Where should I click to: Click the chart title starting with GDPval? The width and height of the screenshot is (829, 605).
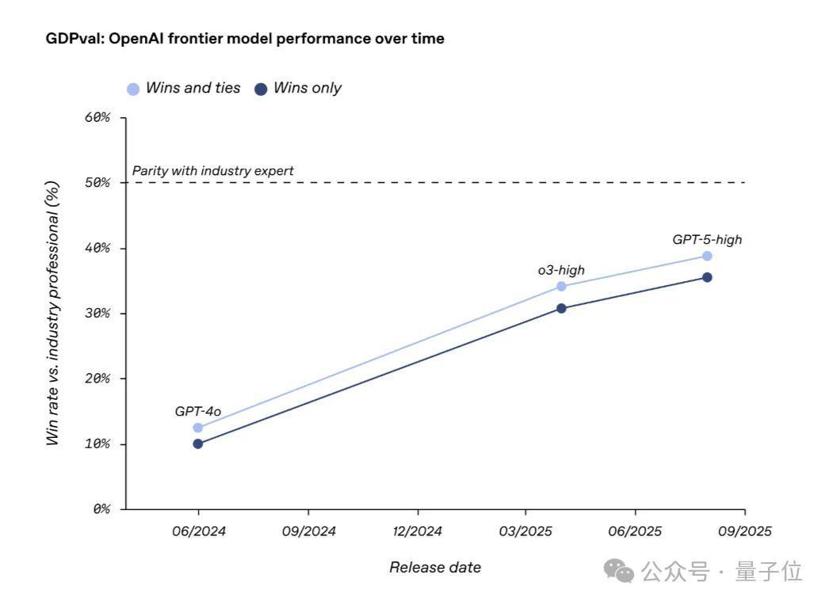245,39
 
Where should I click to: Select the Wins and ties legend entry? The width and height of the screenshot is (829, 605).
184,89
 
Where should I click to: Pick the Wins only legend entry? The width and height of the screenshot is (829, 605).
298,89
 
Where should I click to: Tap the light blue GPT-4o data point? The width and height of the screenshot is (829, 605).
198,428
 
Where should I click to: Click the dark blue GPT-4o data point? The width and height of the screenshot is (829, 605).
198,443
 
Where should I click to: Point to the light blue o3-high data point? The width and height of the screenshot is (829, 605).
561,287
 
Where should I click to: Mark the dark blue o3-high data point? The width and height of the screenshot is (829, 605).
561,308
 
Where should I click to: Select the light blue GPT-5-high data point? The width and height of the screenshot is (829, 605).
707,256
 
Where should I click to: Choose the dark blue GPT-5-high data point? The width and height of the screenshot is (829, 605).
707,277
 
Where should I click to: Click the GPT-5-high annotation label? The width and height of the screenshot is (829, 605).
707,239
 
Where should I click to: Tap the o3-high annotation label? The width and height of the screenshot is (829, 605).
561,270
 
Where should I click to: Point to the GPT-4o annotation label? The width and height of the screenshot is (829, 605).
198,412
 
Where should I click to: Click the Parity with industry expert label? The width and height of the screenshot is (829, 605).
212,170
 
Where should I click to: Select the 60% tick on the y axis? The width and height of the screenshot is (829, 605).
97,118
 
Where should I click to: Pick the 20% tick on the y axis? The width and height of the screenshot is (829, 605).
97,379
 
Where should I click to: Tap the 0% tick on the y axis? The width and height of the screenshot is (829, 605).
101,508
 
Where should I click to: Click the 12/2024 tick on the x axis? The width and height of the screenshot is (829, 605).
418,531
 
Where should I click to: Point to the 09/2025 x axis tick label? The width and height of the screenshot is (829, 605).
744,531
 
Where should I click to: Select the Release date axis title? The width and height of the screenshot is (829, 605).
435,567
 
